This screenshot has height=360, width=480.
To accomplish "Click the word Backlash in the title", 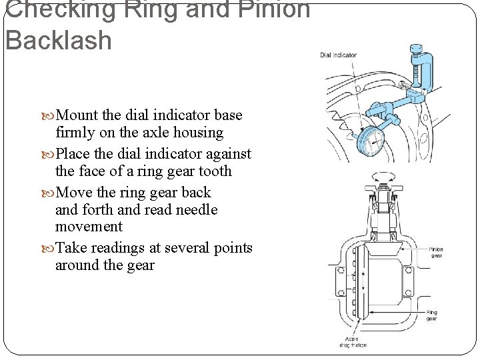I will pos(59,40).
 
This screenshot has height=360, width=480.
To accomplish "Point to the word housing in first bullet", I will pos(198,132).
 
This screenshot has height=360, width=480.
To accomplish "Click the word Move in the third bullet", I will pos(76,193).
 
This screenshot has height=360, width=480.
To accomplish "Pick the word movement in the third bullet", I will pos(89,227).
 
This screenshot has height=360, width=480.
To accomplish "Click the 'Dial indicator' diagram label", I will pos(338,55).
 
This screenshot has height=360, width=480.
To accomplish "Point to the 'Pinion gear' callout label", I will pos(435,252).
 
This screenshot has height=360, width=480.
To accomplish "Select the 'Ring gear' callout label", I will pos(431,315).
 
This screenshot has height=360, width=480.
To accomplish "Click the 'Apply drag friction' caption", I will pos(352,341).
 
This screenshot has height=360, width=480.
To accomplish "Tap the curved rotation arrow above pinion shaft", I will pos(381,175).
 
